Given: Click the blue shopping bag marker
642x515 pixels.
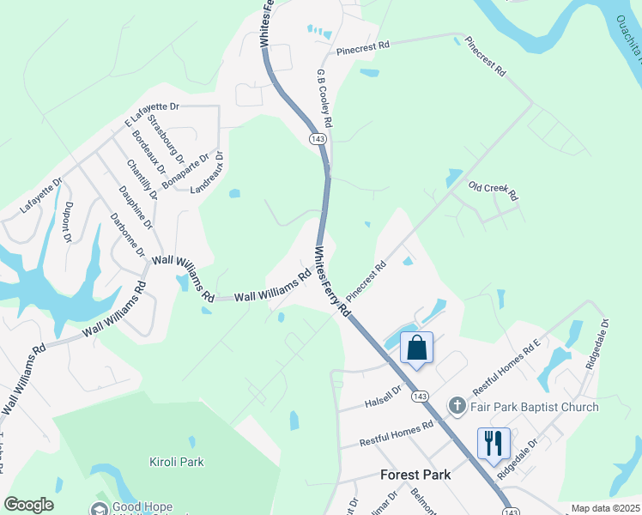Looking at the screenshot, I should click(x=417, y=348).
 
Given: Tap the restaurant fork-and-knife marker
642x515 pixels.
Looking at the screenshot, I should click(x=494, y=444).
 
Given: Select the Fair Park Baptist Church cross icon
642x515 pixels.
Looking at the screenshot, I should click(x=458, y=405).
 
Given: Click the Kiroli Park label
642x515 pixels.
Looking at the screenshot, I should click(x=177, y=462).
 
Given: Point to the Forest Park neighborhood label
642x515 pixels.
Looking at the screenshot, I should click(x=415, y=475).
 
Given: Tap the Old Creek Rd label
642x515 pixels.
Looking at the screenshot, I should click(x=494, y=191).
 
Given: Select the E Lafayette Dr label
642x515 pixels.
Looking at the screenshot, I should click(x=151, y=113).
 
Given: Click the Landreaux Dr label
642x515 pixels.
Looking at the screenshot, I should click(x=207, y=172).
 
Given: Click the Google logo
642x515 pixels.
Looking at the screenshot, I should click(x=28, y=505).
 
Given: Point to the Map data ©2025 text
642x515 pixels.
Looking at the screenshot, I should click(x=604, y=508).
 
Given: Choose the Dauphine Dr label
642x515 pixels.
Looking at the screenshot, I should click(x=136, y=208).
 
